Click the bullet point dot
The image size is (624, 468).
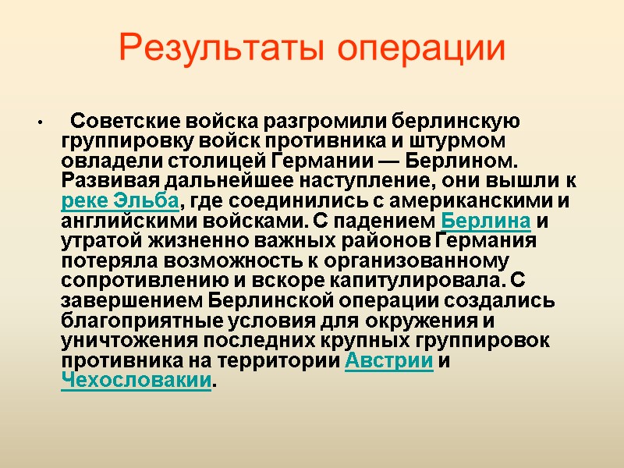click(x=36, y=125)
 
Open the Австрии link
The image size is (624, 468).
click(x=388, y=362)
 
